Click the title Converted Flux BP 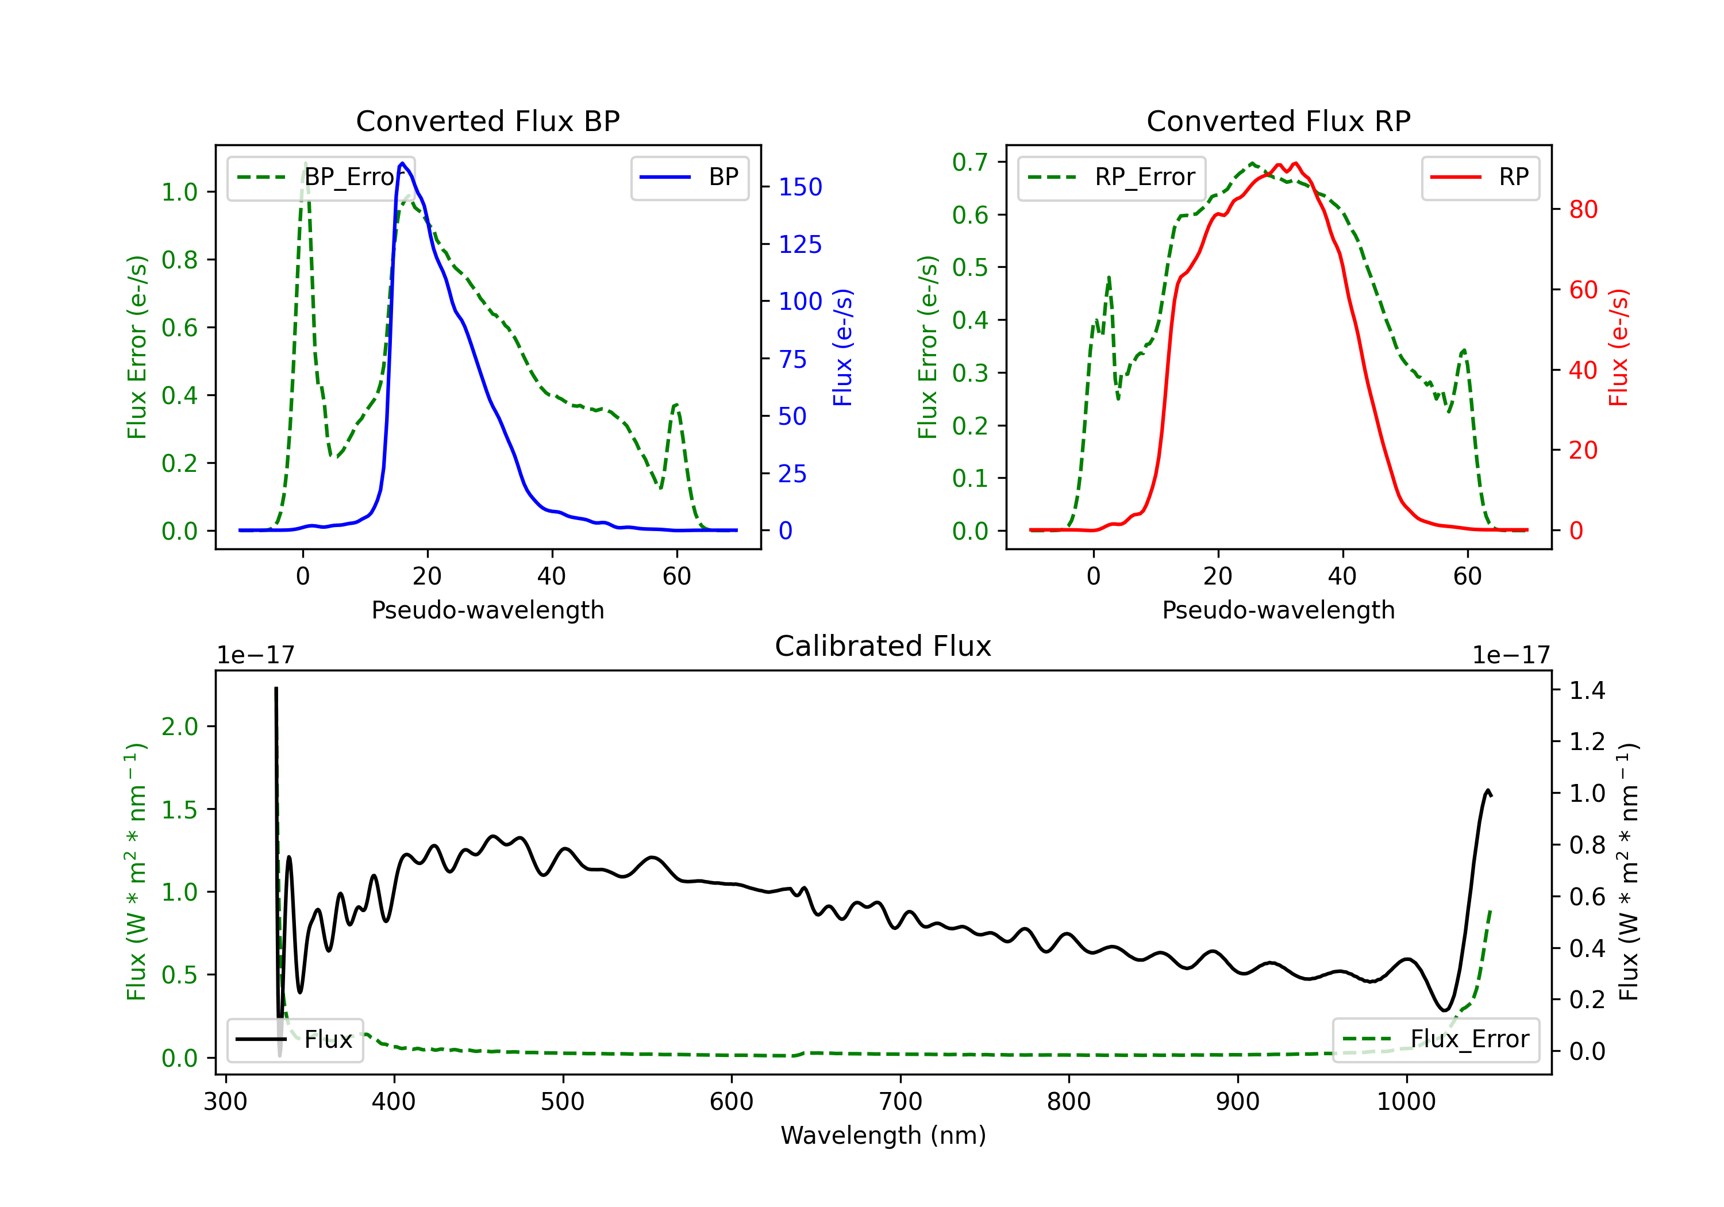[487, 121]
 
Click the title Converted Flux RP [1278, 121]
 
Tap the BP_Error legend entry [321, 177]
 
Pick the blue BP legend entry [689, 177]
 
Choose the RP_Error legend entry [1111, 177]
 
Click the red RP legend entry [1480, 177]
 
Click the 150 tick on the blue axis [800, 187]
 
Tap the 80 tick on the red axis [1583, 210]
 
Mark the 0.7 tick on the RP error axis [969, 162]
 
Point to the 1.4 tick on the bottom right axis [1587, 690]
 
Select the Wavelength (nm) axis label [883, 1135]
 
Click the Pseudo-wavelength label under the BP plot [487, 610]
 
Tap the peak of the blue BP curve [402, 163]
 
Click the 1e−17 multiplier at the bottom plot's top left [255, 655]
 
